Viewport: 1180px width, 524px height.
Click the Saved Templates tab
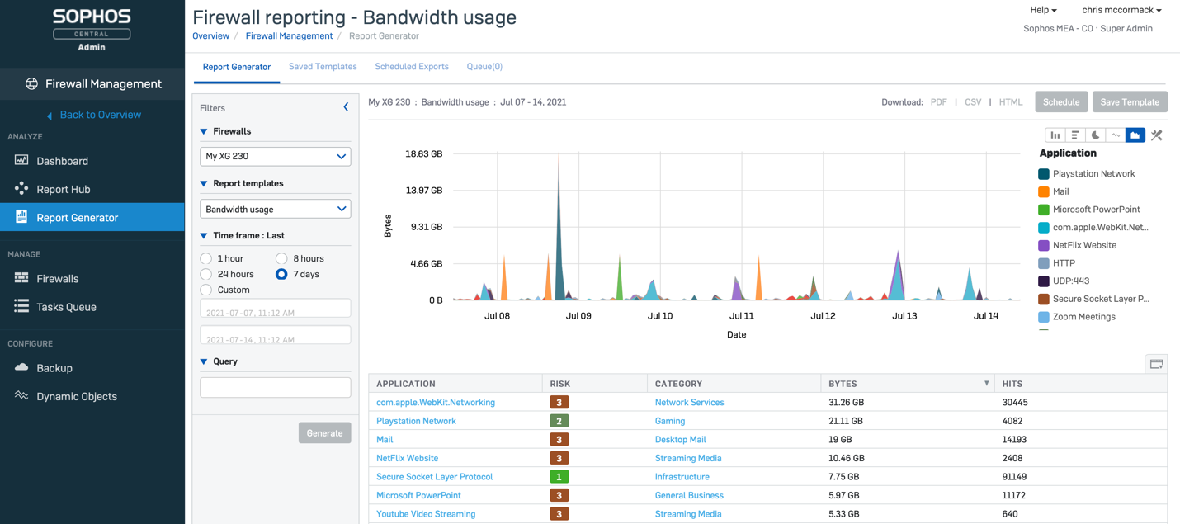[323, 67]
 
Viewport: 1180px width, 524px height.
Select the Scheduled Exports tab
[412, 67]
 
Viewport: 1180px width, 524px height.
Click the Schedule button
[1060, 102]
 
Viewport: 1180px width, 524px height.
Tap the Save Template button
[1129, 102]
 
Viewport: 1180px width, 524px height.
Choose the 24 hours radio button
[206, 274]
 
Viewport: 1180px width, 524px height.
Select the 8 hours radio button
[281, 258]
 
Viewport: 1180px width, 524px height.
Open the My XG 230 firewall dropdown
[275, 156]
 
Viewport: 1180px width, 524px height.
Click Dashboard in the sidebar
[62, 161]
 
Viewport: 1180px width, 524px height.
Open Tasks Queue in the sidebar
[66, 307]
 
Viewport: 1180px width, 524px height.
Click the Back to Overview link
[100, 115]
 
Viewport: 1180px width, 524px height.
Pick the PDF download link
[938, 102]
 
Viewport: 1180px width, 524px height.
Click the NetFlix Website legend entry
[1083, 245]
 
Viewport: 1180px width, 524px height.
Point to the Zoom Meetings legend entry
[1083, 317]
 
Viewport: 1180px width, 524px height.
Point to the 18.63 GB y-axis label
[423, 153]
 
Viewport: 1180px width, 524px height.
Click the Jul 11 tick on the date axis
[741, 316]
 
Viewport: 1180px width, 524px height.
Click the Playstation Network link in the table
[416, 421]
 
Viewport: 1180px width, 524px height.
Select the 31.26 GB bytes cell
[847, 403]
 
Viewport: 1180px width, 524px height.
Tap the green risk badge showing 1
[559, 477]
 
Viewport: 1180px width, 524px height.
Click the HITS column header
[1012, 384]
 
